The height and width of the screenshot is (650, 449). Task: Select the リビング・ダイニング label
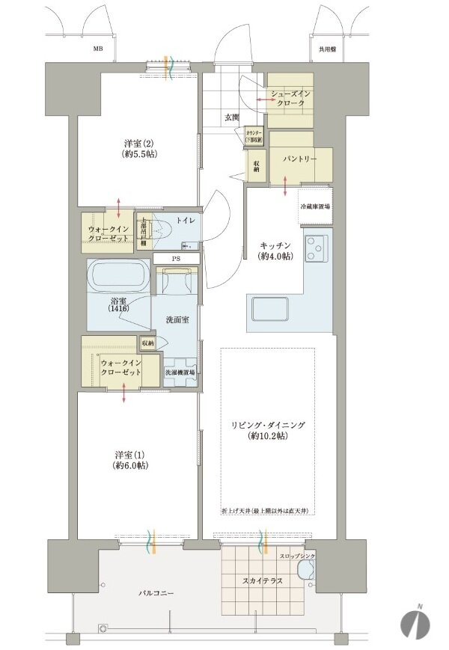(268, 430)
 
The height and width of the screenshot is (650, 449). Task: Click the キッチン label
(276, 251)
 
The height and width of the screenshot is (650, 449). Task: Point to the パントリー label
(299, 159)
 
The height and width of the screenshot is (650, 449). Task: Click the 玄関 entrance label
(231, 117)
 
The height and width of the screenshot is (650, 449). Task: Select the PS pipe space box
(177, 259)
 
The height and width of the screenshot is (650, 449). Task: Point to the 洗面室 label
(177, 319)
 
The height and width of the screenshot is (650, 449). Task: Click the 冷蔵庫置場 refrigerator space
(315, 206)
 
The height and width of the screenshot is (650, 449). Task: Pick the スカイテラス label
(262, 579)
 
